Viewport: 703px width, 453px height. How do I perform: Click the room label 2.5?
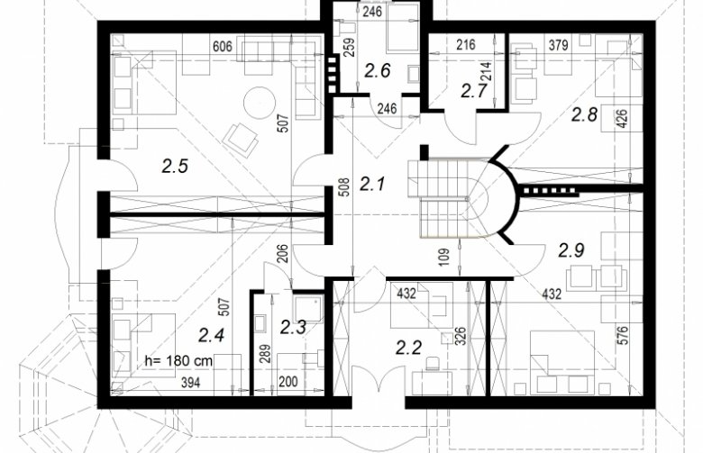[x=175, y=167]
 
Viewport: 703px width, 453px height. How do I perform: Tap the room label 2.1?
[x=372, y=183]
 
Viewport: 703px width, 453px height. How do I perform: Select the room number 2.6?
[x=378, y=71]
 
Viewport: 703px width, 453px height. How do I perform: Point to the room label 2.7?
[x=474, y=91]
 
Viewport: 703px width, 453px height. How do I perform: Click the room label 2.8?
[x=584, y=114]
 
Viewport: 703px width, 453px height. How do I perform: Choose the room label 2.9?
[x=571, y=250]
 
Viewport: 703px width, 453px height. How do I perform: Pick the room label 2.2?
[x=408, y=348]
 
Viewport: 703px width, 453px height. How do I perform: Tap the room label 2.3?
[x=293, y=328]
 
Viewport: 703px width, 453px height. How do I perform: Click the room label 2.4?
[x=211, y=335]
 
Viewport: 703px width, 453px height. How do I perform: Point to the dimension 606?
[x=223, y=46]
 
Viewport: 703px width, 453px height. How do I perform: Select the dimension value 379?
[x=558, y=45]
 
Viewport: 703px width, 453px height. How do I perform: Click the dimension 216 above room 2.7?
[x=466, y=45]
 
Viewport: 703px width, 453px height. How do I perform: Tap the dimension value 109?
[x=444, y=258]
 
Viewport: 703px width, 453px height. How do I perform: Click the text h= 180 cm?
[x=179, y=361]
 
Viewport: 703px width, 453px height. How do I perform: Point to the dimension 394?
[x=190, y=382]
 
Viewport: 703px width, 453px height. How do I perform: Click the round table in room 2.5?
[x=259, y=103]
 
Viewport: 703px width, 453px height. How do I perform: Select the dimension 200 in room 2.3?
[x=288, y=382]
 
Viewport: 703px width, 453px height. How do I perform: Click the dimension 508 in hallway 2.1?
[x=343, y=188]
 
